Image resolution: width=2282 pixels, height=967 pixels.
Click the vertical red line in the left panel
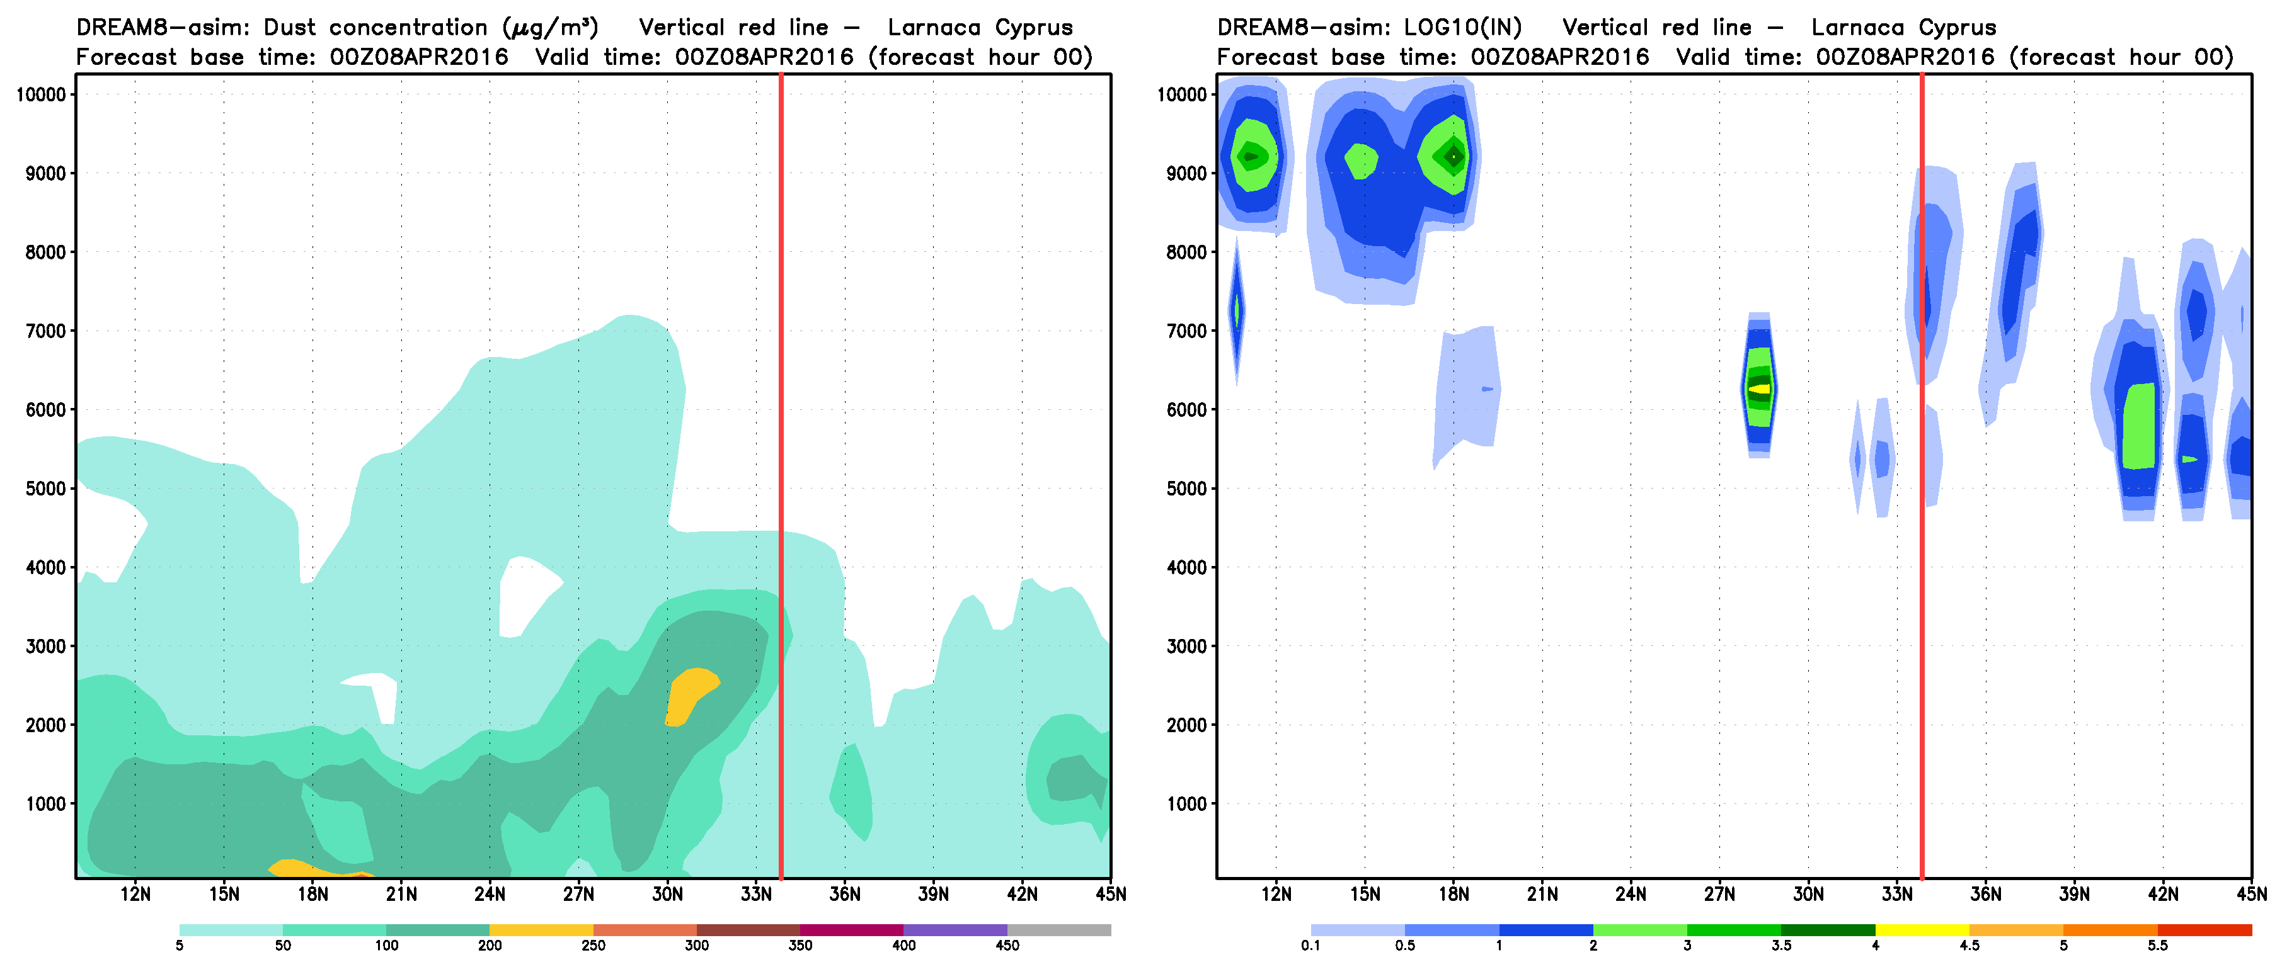pos(781,443)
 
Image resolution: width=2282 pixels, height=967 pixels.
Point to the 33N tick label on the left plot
pos(755,895)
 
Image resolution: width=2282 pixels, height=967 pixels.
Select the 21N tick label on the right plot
pos(1542,895)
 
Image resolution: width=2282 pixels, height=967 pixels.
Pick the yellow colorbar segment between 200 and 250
pos(541,930)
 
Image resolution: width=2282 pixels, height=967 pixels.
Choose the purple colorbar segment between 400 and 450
pos(955,930)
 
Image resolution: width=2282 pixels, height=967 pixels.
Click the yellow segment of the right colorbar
pos(1922,930)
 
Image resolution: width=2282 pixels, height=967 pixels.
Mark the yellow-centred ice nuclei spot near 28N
pos(1759,388)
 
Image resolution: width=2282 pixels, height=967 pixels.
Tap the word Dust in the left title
pos(290,28)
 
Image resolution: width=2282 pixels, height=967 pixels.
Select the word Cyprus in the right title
pos(1957,28)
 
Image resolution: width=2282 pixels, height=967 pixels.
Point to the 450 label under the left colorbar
pos(1007,946)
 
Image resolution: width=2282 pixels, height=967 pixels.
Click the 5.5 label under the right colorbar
pos(2157,946)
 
